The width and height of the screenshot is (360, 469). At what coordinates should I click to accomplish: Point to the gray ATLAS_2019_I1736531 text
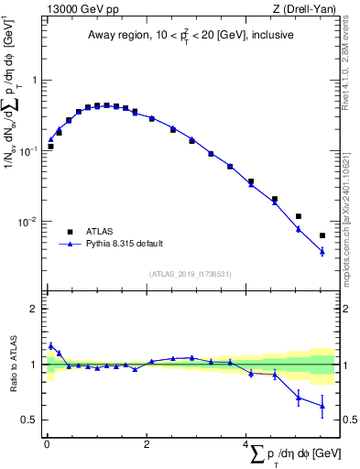tap(191, 273)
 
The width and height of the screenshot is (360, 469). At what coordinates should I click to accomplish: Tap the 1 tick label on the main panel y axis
tap(34, 81)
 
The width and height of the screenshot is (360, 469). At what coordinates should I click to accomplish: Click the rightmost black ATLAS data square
tap(322, 235)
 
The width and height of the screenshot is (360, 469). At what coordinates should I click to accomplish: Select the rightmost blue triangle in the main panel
tap(322, 251)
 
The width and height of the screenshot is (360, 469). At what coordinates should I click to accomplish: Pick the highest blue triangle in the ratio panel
tap(51, 345)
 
